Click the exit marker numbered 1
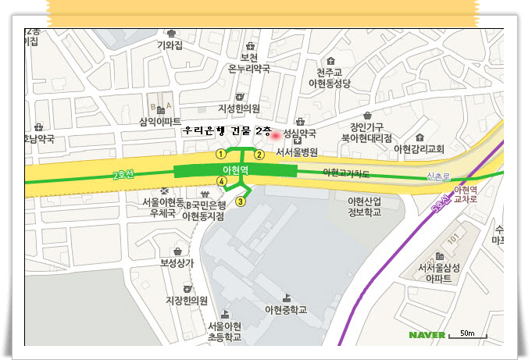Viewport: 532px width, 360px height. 222,153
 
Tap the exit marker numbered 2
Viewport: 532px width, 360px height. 260,154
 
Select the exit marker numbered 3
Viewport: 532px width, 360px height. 241,201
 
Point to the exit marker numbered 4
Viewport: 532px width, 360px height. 222,182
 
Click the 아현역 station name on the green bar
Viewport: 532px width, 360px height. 235,169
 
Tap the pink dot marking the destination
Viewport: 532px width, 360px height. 274,134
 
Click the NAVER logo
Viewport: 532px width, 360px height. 427,335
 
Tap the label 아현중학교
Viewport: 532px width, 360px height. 286,310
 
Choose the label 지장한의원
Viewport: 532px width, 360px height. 187,300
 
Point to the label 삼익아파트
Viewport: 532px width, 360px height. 160,121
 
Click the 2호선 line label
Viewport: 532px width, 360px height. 123,175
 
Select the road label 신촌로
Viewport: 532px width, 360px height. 438,177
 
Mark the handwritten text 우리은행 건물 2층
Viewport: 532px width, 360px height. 227,131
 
